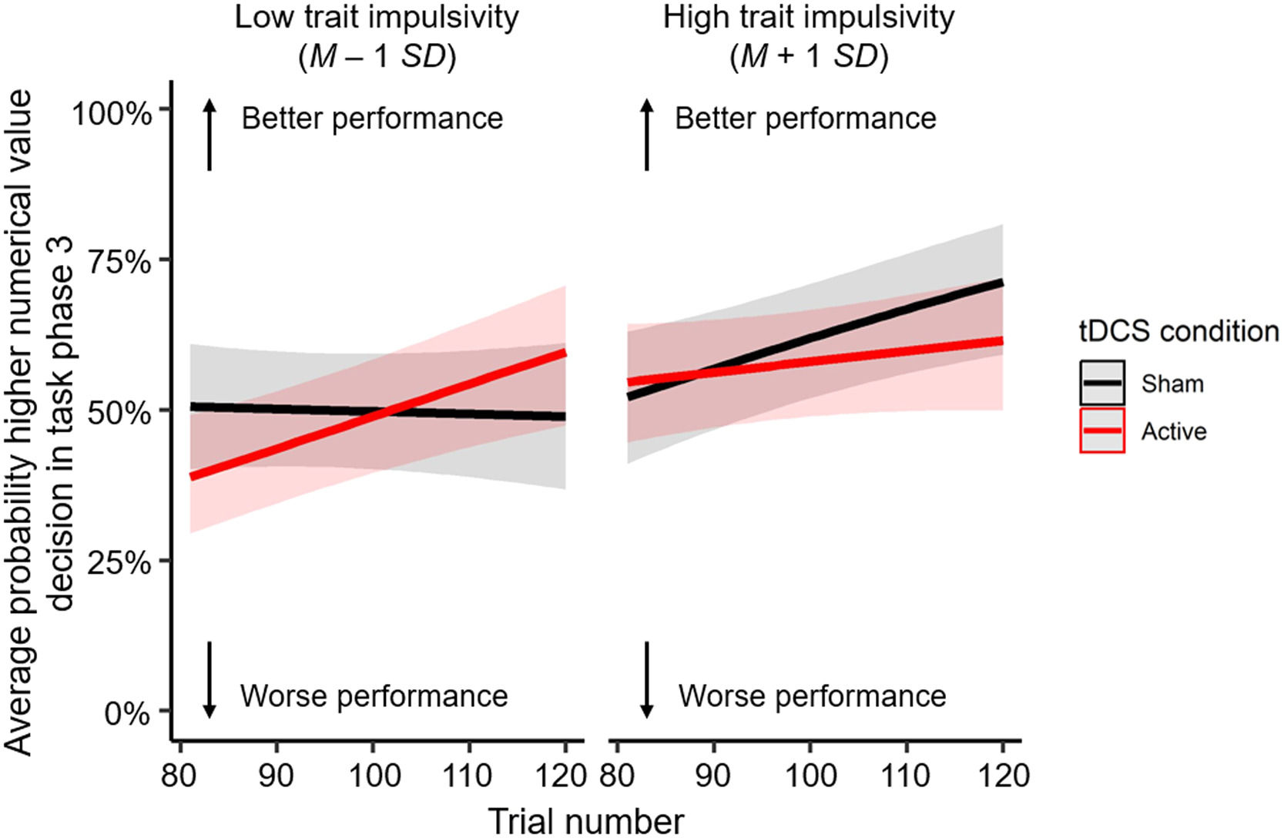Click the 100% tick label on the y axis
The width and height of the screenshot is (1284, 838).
tap(112, 114)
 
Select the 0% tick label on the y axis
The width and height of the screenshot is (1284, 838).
tap(127, 713)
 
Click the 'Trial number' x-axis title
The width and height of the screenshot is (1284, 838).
tap(585, 821)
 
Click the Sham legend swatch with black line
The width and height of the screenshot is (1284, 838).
tap(1102, 383)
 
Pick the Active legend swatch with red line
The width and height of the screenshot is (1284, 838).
tap(1102, 431)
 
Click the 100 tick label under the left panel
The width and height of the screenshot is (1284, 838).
tap(374, 775)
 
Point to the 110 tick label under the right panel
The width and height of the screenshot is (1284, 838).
tap(907, 775)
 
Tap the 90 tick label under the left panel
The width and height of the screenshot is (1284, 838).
tap(277, 775)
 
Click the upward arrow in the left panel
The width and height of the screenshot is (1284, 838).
tap(210, 135)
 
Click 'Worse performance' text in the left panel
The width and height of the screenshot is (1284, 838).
tap(374, 696)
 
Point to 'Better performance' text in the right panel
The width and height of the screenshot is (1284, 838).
tap(806, 119)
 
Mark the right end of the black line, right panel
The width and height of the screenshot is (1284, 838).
tap(1001, 283)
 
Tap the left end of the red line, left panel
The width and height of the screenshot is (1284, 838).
tap(192, 477)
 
